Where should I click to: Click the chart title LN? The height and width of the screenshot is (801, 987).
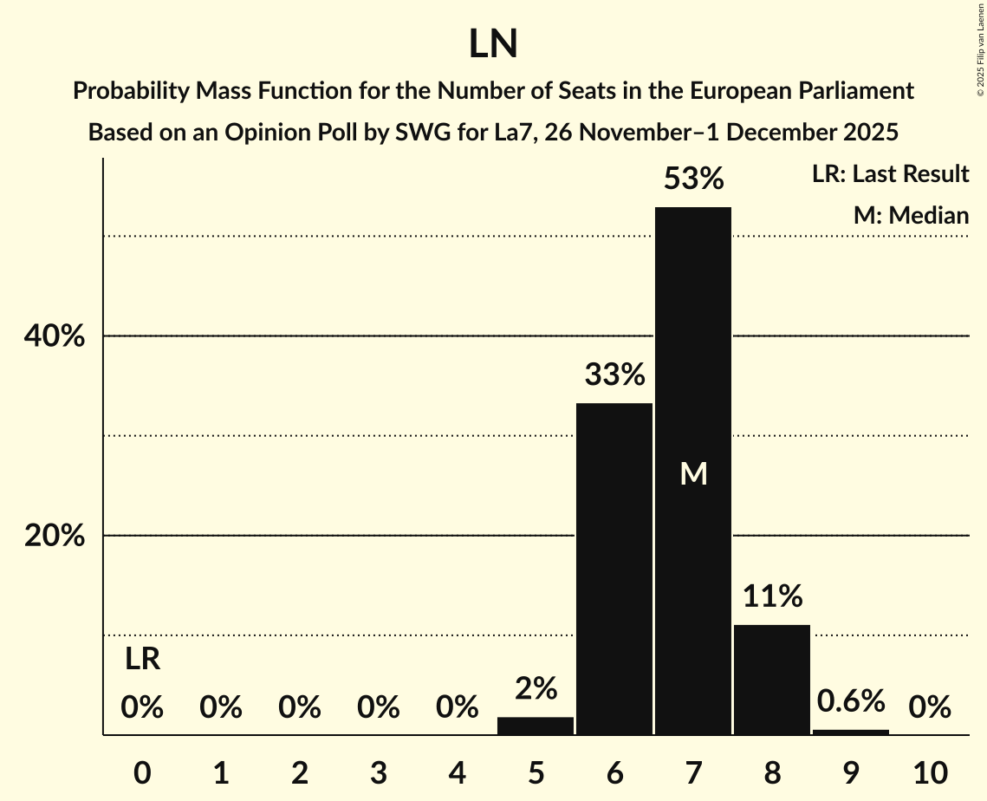493,44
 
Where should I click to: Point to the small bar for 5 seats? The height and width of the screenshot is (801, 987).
536,726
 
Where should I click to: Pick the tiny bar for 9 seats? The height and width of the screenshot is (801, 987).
851,732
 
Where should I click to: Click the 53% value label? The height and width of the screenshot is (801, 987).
693,179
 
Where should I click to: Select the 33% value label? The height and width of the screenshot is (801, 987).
614,375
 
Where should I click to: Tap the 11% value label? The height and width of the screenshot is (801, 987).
772,596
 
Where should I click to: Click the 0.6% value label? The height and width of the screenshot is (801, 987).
851,701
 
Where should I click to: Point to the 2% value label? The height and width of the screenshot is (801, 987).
536,688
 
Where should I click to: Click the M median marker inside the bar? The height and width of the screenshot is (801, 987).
693,473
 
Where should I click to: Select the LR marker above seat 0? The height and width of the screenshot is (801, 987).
142,660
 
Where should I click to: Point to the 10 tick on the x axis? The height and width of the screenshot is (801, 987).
930,772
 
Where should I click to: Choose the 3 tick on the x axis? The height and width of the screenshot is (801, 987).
378,772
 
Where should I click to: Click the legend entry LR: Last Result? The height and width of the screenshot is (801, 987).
890,174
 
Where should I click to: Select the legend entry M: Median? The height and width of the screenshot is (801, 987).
911,216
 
